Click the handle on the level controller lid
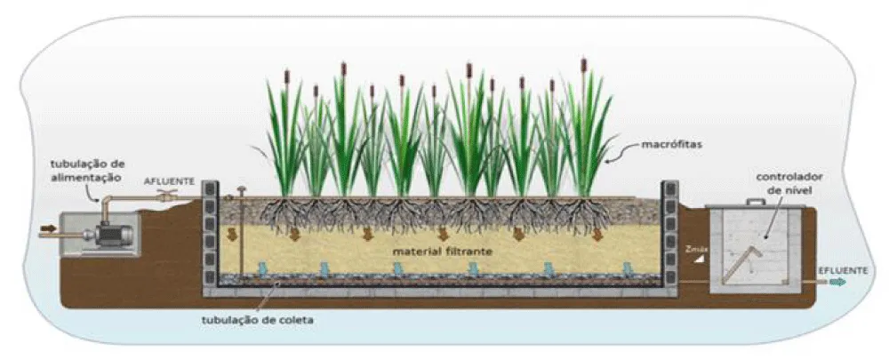[754, 203]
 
